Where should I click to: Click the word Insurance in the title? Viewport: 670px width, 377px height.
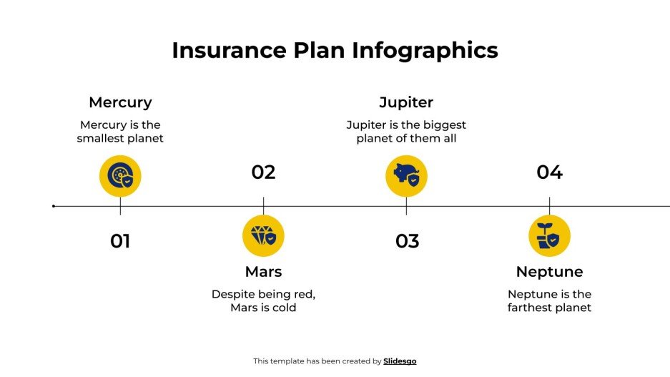click(228, 51)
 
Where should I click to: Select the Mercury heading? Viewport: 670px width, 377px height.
click(120, 102)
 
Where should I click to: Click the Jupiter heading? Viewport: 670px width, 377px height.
click(406, 102)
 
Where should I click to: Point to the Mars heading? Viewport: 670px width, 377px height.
click(263, 272)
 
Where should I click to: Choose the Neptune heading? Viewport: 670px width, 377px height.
click(549, 272)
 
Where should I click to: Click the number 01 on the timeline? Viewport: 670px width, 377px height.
click(120, 242)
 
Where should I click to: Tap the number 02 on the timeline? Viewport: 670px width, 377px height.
click(263, 172)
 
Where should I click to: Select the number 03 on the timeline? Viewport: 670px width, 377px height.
click(407, 242)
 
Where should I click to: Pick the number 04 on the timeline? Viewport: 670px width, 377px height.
click(549, 172)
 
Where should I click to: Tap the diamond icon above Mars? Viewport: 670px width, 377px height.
click(263, 235)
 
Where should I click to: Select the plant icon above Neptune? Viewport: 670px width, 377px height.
click(549, 235)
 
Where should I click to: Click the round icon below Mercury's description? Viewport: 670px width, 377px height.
click(120, 176)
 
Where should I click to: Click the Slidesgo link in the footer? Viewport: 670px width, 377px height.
click(400, 361)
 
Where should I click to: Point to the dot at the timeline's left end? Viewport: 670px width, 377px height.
click(54, 206)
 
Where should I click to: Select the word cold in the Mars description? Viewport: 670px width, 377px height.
click(284, 308)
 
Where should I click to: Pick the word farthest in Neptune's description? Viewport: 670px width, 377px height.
click(532, 308)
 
